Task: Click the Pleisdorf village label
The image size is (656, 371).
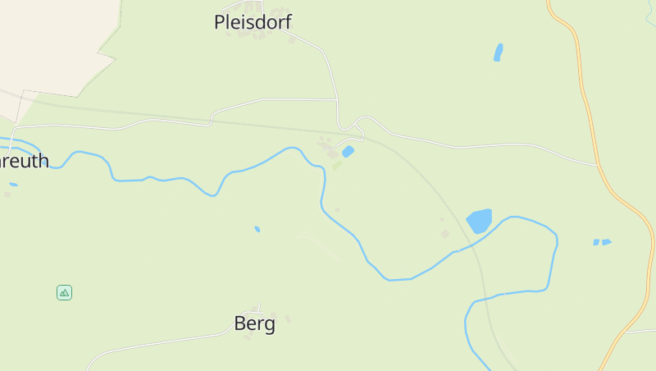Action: (x=253, y=22)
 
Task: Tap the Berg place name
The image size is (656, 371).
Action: (x=254, y=323)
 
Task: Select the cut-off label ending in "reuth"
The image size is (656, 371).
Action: (x=24, y=160)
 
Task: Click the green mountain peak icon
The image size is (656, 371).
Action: (x=64, y=292)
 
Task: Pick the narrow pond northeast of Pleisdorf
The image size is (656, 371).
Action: (x=498, y=53)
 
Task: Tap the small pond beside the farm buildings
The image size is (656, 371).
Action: (x=348, y=151)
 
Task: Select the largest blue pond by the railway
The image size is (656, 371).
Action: (x=479, y=220)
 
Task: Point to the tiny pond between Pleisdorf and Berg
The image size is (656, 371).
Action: (x=257, y=229)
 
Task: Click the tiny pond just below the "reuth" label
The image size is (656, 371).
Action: (x=13, y=184)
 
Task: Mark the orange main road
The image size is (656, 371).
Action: (x=593, y=123)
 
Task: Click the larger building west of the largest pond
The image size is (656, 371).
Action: (x=445, y=234)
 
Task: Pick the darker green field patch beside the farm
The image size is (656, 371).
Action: (x=337, y=165)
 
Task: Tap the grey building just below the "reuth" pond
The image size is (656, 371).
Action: (x=7, y=195)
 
